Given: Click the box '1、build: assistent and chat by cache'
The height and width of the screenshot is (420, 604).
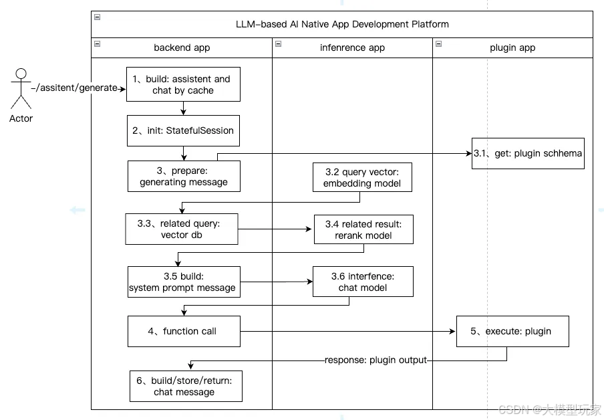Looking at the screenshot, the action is tap(183, 84).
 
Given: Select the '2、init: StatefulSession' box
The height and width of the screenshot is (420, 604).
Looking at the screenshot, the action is tap(183, 130).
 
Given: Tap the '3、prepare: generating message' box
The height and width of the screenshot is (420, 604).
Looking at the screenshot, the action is tap(184, 177).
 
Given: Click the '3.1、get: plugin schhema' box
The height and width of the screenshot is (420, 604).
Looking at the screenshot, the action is tap(528, 154).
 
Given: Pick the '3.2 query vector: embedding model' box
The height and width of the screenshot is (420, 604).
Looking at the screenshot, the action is tap(362, 177).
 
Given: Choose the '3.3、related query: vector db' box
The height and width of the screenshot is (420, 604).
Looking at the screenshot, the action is tap(182, 229).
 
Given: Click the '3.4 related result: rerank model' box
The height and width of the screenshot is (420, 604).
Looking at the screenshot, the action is tap(363, 229).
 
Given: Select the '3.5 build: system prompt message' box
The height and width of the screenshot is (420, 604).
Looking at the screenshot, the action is tap(184, 282).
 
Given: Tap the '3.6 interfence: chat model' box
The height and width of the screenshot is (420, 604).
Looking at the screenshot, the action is tap(363, 282).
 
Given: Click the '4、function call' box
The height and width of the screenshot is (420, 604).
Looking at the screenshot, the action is tap(184, 331).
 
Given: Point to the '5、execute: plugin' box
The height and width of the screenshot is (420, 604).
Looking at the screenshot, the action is tap(512, 331).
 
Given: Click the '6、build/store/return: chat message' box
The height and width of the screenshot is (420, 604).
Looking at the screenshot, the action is tap(186, 386).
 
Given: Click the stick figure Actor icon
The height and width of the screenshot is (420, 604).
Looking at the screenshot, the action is tap(21, 89).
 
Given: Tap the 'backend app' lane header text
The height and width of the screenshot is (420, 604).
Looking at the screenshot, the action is tap(182, 48).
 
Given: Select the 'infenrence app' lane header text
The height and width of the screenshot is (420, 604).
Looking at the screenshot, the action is tap(353, 48).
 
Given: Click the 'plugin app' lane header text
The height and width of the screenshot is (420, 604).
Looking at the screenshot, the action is tap(512, 48).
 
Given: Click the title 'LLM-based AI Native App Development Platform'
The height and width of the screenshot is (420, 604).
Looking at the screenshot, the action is tap(342, 24).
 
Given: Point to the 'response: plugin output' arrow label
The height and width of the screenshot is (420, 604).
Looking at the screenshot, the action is tap(375, 360).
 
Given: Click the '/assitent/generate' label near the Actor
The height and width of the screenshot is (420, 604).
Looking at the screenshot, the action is tap(77, 88).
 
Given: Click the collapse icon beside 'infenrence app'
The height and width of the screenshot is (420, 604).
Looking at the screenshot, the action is tap(278, 44).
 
